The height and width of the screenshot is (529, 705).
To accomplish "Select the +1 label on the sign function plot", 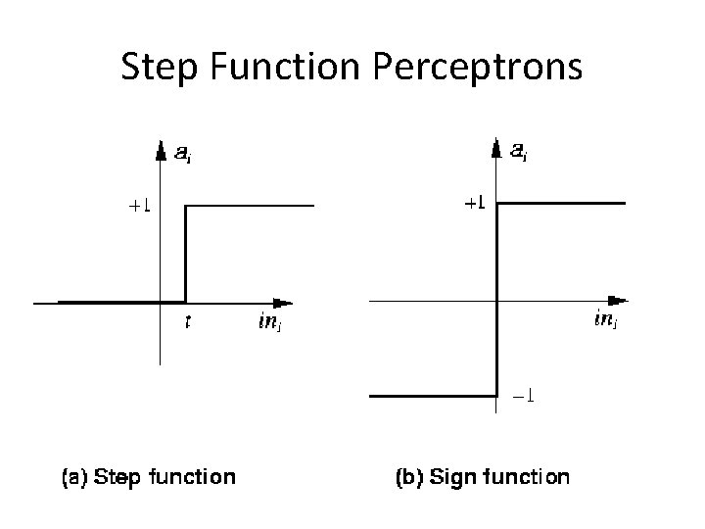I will click(x=474, y=204).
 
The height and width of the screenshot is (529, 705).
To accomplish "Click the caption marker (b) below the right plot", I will click(x=408, y=477).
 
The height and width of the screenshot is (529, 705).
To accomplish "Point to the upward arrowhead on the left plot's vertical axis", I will click(x=160, y=150).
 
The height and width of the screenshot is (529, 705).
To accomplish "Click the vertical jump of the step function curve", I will click(x=186, y=253).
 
